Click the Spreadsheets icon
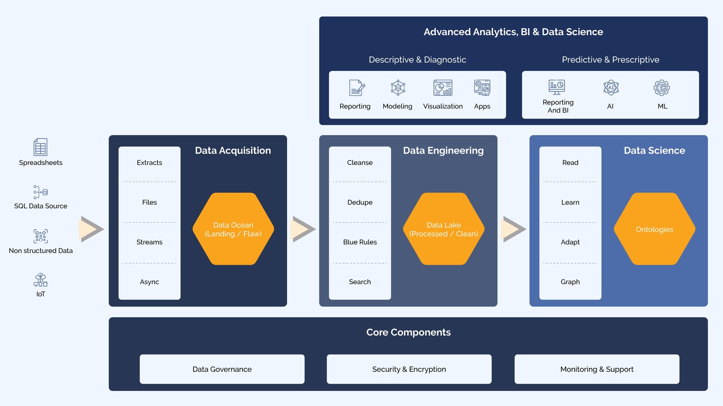(x=40, y=147)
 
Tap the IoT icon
(x=40, y=280)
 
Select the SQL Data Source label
(x=41, y=206)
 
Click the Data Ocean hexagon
(x=233, y=229)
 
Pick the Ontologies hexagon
(x=654, y=229)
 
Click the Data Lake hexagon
(x=444, y=229)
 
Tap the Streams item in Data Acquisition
(x=149, y=242)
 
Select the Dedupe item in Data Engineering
(x=360, y=202)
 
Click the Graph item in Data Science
(x=570, y=282)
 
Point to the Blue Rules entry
(x=360, y=242)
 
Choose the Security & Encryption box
(x=409, y=369)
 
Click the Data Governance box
(x=222, y=369)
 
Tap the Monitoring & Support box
(x=597, y=369)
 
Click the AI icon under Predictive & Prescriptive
(x=610, y=88)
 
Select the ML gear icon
(x=661, y=88)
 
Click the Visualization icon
(x=443, y=88)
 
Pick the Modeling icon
(x=398, y=88)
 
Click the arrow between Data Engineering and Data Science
(x=514, y=229)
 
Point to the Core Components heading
(x=408, y=332)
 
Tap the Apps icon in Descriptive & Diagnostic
(x=482, y=88)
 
